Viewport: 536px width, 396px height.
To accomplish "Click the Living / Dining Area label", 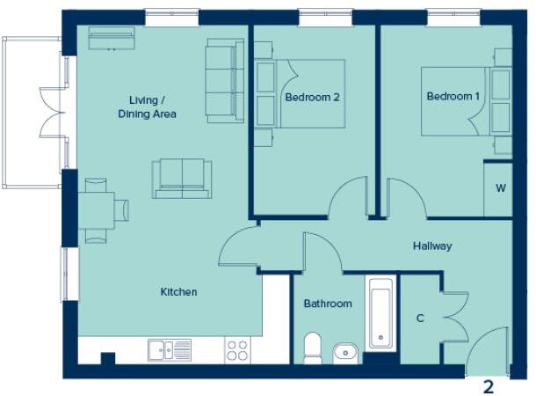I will (148, 106).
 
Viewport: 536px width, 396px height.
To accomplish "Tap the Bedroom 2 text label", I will (312, 98).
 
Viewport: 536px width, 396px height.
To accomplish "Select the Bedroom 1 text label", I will (453, 96).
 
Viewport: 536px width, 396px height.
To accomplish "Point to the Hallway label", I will (432, 246).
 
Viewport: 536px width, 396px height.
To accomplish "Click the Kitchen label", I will (178, 291).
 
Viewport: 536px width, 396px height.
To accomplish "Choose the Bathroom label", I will (328, 304).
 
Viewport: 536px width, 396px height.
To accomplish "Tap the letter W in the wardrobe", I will (500, 188).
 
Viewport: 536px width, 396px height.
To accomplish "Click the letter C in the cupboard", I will (420, 318).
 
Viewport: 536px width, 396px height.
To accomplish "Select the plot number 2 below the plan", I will (489, 385).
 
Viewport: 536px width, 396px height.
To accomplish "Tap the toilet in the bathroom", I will (312, 348).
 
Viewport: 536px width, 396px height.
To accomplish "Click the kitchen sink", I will (170, 349).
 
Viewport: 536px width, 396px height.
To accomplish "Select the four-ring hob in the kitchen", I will (237, 350).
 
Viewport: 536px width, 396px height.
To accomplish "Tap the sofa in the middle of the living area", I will (181, 179).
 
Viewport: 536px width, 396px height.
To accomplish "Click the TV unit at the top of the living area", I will (112, 38).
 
